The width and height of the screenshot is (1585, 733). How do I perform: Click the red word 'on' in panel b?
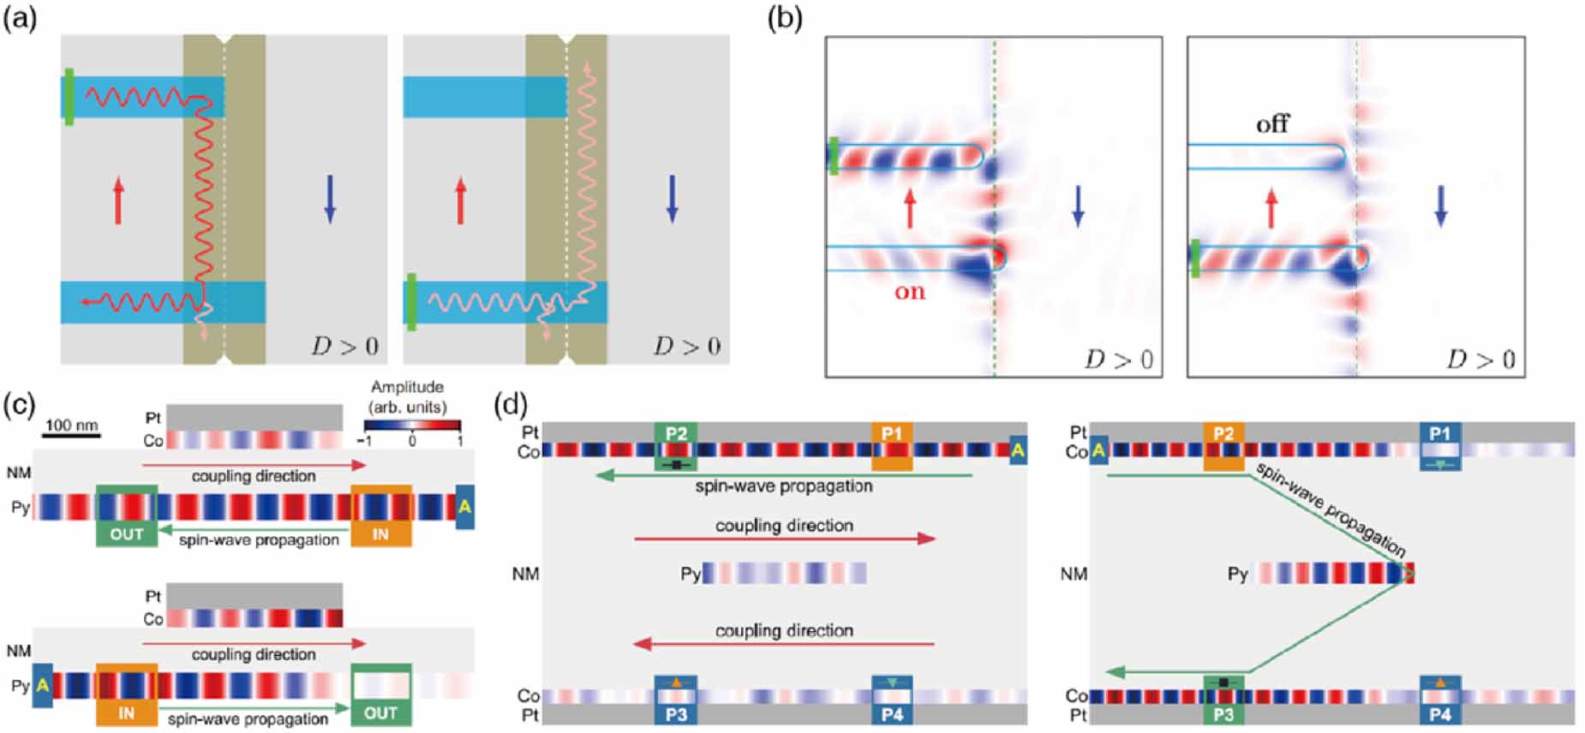pos(909,291)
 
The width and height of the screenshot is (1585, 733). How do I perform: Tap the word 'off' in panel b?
pos(1272,125)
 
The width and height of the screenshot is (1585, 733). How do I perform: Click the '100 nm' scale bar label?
pos(71,425)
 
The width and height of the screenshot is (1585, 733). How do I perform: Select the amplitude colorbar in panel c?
pos(412,425)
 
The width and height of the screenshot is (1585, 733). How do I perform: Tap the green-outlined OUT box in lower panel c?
pos(380,694)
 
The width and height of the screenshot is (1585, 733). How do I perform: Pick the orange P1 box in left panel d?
pos(892,445)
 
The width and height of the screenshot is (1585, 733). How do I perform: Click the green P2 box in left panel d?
pos(676,445)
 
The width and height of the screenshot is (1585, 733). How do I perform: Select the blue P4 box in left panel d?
pos(892,700)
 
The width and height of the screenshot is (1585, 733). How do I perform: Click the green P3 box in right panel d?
pos(1223,700)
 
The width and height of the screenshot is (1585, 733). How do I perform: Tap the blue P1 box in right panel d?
pos(1439,445)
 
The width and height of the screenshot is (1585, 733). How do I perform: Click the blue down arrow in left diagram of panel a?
pos(330,199)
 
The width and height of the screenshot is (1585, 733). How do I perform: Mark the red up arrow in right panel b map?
pos(1271,208)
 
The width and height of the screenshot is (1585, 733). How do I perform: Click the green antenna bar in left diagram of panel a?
pos(69,97)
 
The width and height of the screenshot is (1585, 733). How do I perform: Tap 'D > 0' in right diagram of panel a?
pos(687,346)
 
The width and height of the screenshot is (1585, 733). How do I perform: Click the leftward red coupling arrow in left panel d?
pos(784,643)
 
